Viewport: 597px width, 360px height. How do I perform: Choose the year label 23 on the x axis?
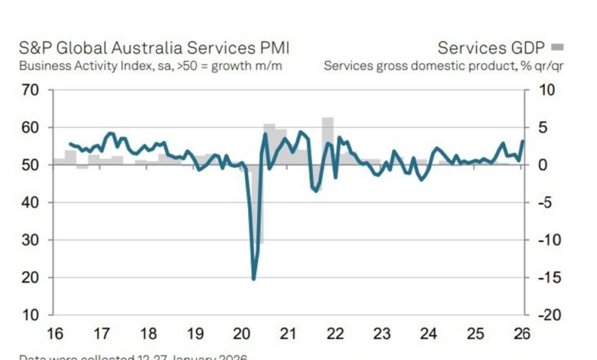point(383,334)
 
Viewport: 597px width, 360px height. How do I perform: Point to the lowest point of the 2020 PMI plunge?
point(253,278)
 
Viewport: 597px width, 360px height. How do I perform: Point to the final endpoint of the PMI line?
point(523,141)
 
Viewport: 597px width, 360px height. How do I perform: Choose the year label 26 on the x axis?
point(524,334)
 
